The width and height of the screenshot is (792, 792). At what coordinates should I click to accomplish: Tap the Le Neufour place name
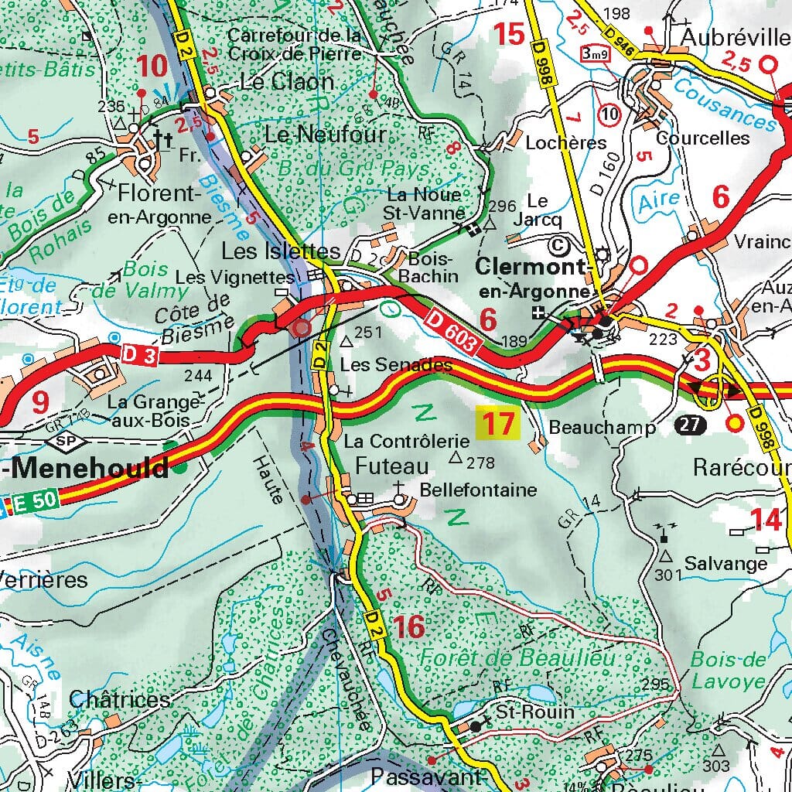325,135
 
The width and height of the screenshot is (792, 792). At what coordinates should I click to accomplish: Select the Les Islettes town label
280,251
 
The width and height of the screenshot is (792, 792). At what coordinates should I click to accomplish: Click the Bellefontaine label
478,490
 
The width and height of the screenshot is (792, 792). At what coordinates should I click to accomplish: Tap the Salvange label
725,563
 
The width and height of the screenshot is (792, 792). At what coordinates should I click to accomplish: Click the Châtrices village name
119,700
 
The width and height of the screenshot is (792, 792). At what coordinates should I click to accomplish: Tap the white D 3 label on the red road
139,353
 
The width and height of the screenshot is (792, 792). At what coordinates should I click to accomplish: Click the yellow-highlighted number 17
499,424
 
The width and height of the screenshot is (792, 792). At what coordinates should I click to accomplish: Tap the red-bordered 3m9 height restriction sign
594,53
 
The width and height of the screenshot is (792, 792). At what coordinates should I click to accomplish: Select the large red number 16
408,627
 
